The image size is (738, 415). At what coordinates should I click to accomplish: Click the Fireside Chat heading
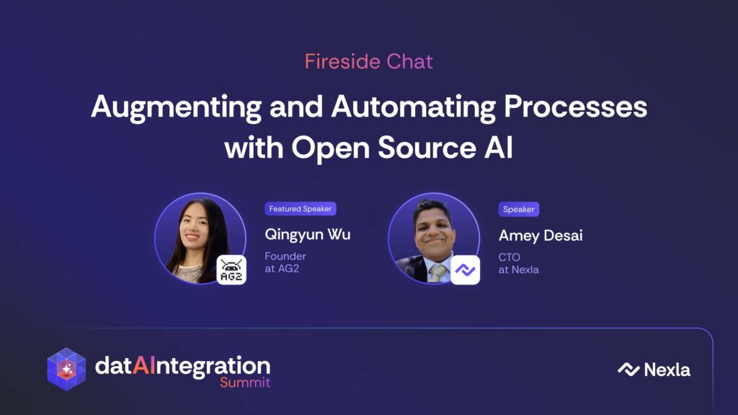[x=368, y=62]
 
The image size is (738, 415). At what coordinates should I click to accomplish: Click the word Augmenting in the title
[x=176, y=108]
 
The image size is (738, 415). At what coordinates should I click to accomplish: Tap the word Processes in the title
[x=575, y=107]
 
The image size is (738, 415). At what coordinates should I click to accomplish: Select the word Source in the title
[x=427, y=148]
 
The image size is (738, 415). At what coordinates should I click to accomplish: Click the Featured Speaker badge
[x=301, y=209]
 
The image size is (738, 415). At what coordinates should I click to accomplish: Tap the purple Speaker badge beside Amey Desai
[x=519, y=210]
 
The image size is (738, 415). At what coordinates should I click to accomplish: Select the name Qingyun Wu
[x=307, y=235]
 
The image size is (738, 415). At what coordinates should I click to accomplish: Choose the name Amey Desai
[x=541, y=236]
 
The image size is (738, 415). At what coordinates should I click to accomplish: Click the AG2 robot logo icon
[x=231, y=270]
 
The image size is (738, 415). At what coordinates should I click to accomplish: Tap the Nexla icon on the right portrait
[x=465, y=270]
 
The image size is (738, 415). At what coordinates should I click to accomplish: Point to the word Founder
[x=285, y=256]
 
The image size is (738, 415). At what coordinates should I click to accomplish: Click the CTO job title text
[x=510, y=257]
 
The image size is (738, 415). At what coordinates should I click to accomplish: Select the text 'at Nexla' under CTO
[x=519, y=270]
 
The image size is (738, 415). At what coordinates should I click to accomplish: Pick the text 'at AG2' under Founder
[x=282, y=269]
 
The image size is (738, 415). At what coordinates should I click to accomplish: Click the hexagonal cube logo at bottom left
[x=66, y=370]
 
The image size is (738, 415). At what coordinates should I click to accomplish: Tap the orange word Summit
[x=245, y=383]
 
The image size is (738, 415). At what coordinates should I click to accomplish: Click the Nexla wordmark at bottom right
[x=654, y=370]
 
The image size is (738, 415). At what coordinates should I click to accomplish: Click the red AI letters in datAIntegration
[x=143, y=365]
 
